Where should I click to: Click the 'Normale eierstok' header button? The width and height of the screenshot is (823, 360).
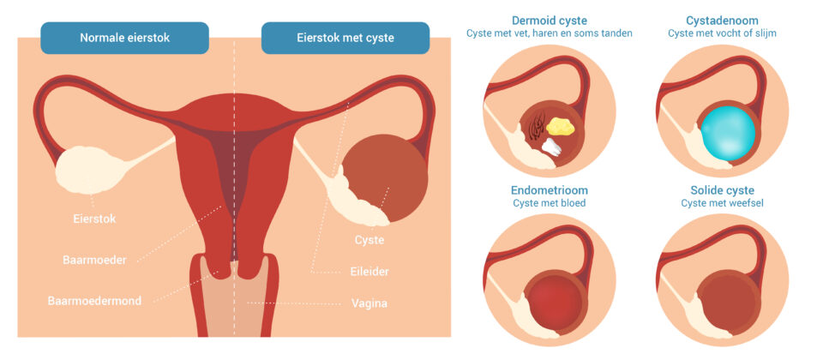(125, 38)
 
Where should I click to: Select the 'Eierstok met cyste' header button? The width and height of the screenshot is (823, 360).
(345, 38)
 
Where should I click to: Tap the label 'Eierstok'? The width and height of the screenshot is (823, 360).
(94, 219)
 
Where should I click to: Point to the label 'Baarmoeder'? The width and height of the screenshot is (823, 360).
(94, 258)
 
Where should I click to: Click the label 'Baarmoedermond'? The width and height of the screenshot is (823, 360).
(94, 301)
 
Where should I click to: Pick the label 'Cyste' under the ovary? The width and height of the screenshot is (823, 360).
(369, 240)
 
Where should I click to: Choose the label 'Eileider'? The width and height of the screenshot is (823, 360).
(370, 271)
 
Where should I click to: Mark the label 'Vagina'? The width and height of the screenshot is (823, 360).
(369, 303)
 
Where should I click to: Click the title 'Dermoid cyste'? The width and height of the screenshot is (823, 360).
(549, 20)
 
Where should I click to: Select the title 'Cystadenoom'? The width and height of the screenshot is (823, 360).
(722, 20)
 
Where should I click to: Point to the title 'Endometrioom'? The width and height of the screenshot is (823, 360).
(550, 189)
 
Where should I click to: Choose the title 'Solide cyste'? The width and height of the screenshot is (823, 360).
(722, 189)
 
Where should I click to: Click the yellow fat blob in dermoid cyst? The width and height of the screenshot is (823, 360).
(561, 126)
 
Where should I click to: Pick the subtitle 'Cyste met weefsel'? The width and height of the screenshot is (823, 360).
(722, 203)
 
